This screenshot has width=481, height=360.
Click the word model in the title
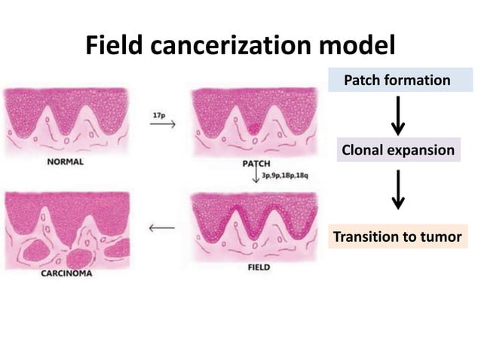357,47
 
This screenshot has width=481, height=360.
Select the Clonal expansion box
398,150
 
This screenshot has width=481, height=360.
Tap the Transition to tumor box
397,236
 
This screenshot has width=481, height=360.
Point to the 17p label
159,114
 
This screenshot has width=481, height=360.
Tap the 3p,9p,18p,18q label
285,175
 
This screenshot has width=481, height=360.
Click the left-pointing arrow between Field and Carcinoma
162,227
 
